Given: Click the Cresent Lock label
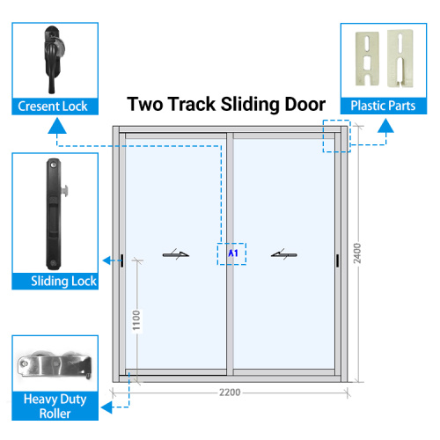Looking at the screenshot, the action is point(53,106).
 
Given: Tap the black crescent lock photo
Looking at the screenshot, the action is point(54,59).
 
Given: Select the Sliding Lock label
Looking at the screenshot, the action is point(63,281).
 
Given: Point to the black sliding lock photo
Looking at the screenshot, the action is point(55,214).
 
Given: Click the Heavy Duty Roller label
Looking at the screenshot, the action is point(55,407).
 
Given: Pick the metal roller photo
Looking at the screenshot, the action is point(55,364).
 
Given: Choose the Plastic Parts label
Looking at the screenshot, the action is point(383,106).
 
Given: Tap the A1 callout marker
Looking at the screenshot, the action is point(233,253).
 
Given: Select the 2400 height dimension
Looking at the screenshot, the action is point(357,253).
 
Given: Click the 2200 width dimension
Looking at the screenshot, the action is point(230,392).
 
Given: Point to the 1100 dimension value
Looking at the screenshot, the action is point(136,320).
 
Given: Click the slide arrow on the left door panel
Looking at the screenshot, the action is point(176,254).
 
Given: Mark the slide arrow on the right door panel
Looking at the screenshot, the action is point(284,254).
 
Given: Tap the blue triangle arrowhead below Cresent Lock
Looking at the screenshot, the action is point(57,126).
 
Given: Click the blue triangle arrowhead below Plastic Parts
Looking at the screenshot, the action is point(385,126).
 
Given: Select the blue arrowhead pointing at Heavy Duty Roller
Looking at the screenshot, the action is point(106,407).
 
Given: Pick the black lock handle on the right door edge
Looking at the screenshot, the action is point(338,260).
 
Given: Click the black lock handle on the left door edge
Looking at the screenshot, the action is point(122,260).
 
